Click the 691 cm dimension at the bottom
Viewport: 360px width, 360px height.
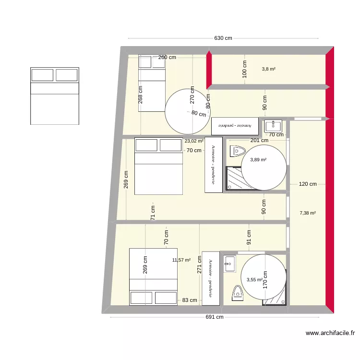click(x=215, y=317)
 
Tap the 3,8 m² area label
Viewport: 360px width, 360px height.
click(x=268, y=69)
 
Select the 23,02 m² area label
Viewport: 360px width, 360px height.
click(x=193, y=141)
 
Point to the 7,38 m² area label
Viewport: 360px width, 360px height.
click(x=307, y=213)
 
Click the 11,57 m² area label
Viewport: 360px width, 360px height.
click(x=181, y=260)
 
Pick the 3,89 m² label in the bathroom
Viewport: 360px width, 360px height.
click(x=258, y=160)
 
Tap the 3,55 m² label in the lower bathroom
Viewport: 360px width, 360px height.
click(x=254, y=280)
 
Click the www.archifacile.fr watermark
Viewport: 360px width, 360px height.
click(x=330, y=333)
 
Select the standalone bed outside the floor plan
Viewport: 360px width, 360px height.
click(x=55, y=96)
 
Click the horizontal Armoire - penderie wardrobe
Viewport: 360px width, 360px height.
click(x=235, y=126)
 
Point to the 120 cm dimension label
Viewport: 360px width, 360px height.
click(x=308, y=184)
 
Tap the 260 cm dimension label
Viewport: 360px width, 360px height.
click(x=167, y=57)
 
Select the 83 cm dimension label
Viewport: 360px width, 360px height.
click(x=190, y=300)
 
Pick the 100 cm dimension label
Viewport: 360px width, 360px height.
click(x=244, y=69)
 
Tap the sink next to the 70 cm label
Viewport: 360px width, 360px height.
click(x=273, y=126)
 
